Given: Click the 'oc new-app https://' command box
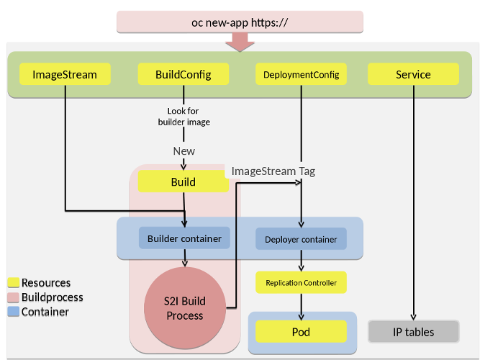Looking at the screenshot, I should (x=240, y=22).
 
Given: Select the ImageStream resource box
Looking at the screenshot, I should (x=65, y=74).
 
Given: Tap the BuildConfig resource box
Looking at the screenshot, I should (x=184, y=74).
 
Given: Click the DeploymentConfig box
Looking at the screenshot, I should (x=301, y=74).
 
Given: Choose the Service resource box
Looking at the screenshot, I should (x=413, y=74).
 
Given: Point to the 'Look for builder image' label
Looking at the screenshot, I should (x=184, y=117).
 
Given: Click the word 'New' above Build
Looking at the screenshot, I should (x=184, y=151).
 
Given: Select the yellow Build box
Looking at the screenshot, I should (x=184, y=182).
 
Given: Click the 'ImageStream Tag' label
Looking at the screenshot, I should (x=273, y=171).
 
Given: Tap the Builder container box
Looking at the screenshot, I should (x=184, y=238).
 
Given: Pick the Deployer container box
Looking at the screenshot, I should (x=301, y=239).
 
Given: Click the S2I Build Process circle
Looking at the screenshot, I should (x=185, y=309).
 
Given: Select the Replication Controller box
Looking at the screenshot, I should (x=301, y=283).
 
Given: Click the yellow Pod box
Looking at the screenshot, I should (x=301, y=332).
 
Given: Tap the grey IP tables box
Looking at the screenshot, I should (x=413, y=332).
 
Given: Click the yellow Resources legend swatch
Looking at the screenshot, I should (x=13, y=283).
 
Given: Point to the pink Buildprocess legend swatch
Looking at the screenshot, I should (x=13, y=297).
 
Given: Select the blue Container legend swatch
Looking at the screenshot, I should (x=13, y=312).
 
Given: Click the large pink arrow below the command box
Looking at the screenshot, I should (x=240, y=42).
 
